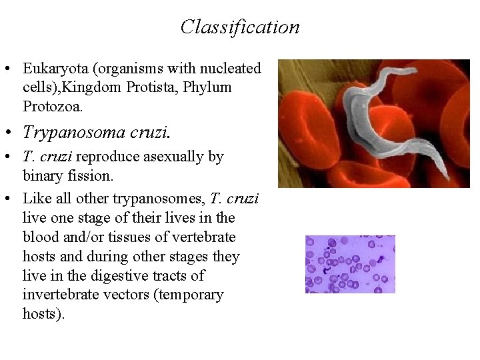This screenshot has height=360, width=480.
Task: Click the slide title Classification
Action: point(240,27)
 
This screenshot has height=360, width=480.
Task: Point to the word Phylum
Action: point(210,87)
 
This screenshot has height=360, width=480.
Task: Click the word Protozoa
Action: point(52,107)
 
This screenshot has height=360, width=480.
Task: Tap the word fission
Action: point(88,177)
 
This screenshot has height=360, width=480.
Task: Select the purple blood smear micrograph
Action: point(350,264)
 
